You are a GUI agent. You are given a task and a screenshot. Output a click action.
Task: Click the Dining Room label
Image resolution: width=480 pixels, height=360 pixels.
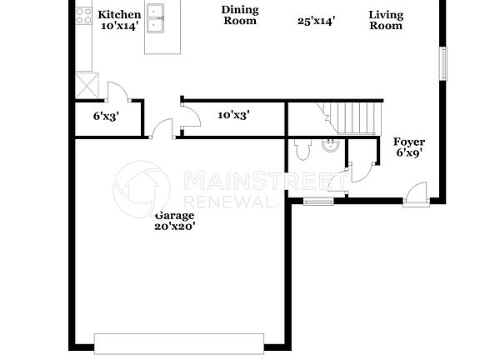[239, 15]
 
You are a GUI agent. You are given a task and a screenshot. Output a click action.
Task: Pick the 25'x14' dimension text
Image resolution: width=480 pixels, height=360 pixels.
[316, 21]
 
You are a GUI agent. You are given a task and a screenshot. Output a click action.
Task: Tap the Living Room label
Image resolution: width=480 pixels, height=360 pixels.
[386, 20]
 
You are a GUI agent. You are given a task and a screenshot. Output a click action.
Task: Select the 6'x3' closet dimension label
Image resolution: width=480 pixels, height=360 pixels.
[106, 117]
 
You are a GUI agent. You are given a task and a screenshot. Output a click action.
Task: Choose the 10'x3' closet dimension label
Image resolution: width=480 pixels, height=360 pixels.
[234, 115]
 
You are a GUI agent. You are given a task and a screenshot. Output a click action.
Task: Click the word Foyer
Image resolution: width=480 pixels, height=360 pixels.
[408, 142]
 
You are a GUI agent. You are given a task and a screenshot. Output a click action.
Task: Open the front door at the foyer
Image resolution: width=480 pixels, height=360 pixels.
[414, 196]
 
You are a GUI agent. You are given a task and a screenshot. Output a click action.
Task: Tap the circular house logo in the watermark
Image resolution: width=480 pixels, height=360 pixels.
[142, 190]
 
